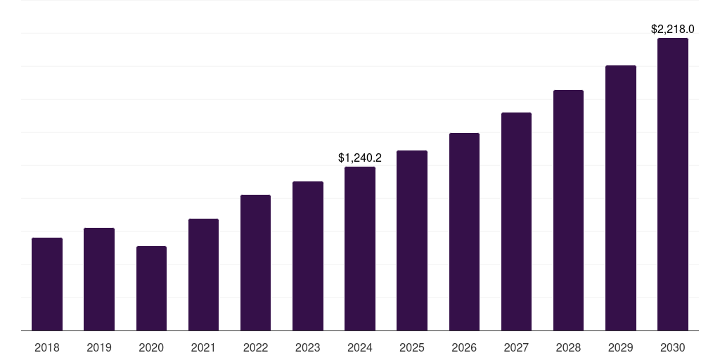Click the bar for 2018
47,284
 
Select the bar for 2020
151,288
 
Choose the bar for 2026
464,231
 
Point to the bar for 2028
568,210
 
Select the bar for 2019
99,279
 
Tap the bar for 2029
621,198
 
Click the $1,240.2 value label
360,158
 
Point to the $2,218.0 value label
673,30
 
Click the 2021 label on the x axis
203,347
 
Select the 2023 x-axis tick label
308,347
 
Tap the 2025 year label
412,347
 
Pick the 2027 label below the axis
516,347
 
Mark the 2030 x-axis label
673,347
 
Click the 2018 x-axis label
47,347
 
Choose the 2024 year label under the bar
360,347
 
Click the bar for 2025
412,240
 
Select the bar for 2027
516,221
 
